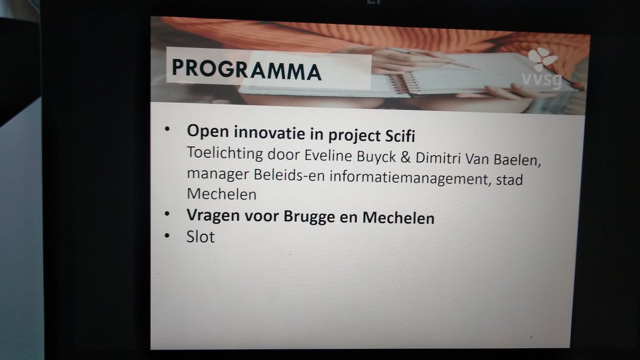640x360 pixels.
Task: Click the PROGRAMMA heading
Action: (246, 69)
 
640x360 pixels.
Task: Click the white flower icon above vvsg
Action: (542, 59)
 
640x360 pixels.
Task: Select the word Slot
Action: (200, 236)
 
